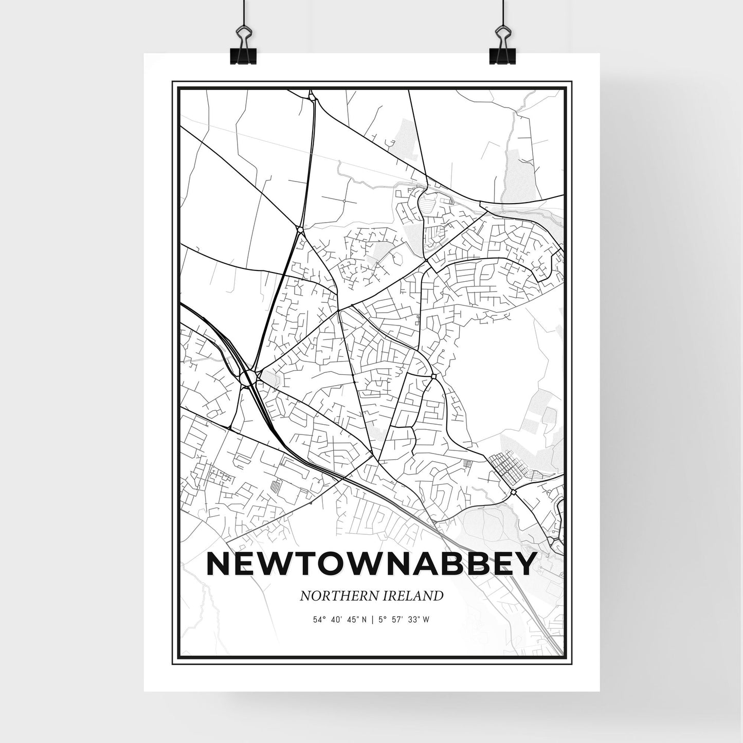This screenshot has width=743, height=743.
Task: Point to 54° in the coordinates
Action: click(x=320, y=620)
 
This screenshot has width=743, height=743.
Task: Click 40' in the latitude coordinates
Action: click(x=336, y=620)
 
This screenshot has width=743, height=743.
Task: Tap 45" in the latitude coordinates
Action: click(x=352, y=620)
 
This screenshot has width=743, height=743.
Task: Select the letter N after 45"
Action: click(x=365, y=620)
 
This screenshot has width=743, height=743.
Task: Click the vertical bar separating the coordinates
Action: click(x=371, y=620)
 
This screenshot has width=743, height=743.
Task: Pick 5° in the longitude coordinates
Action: click(x=381, y=620)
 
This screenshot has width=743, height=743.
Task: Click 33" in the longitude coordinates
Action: click(x=412, y=620)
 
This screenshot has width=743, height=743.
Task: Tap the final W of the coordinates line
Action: click(x=426, y=620)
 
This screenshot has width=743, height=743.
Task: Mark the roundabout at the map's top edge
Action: click(x=311, y=96)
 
